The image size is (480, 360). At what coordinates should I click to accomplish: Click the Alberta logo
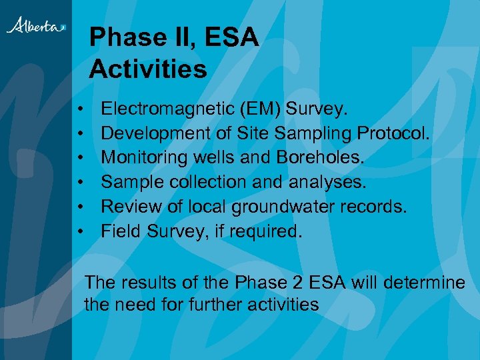tap(36, 25)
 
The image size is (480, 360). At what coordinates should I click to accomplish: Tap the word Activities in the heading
tap(148, 68)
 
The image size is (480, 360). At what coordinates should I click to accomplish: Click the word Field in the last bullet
tap(116, 231)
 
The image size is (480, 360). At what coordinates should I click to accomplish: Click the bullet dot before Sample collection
tap(79, 183)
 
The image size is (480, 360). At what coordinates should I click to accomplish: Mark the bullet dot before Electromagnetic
tap(79, 109)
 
